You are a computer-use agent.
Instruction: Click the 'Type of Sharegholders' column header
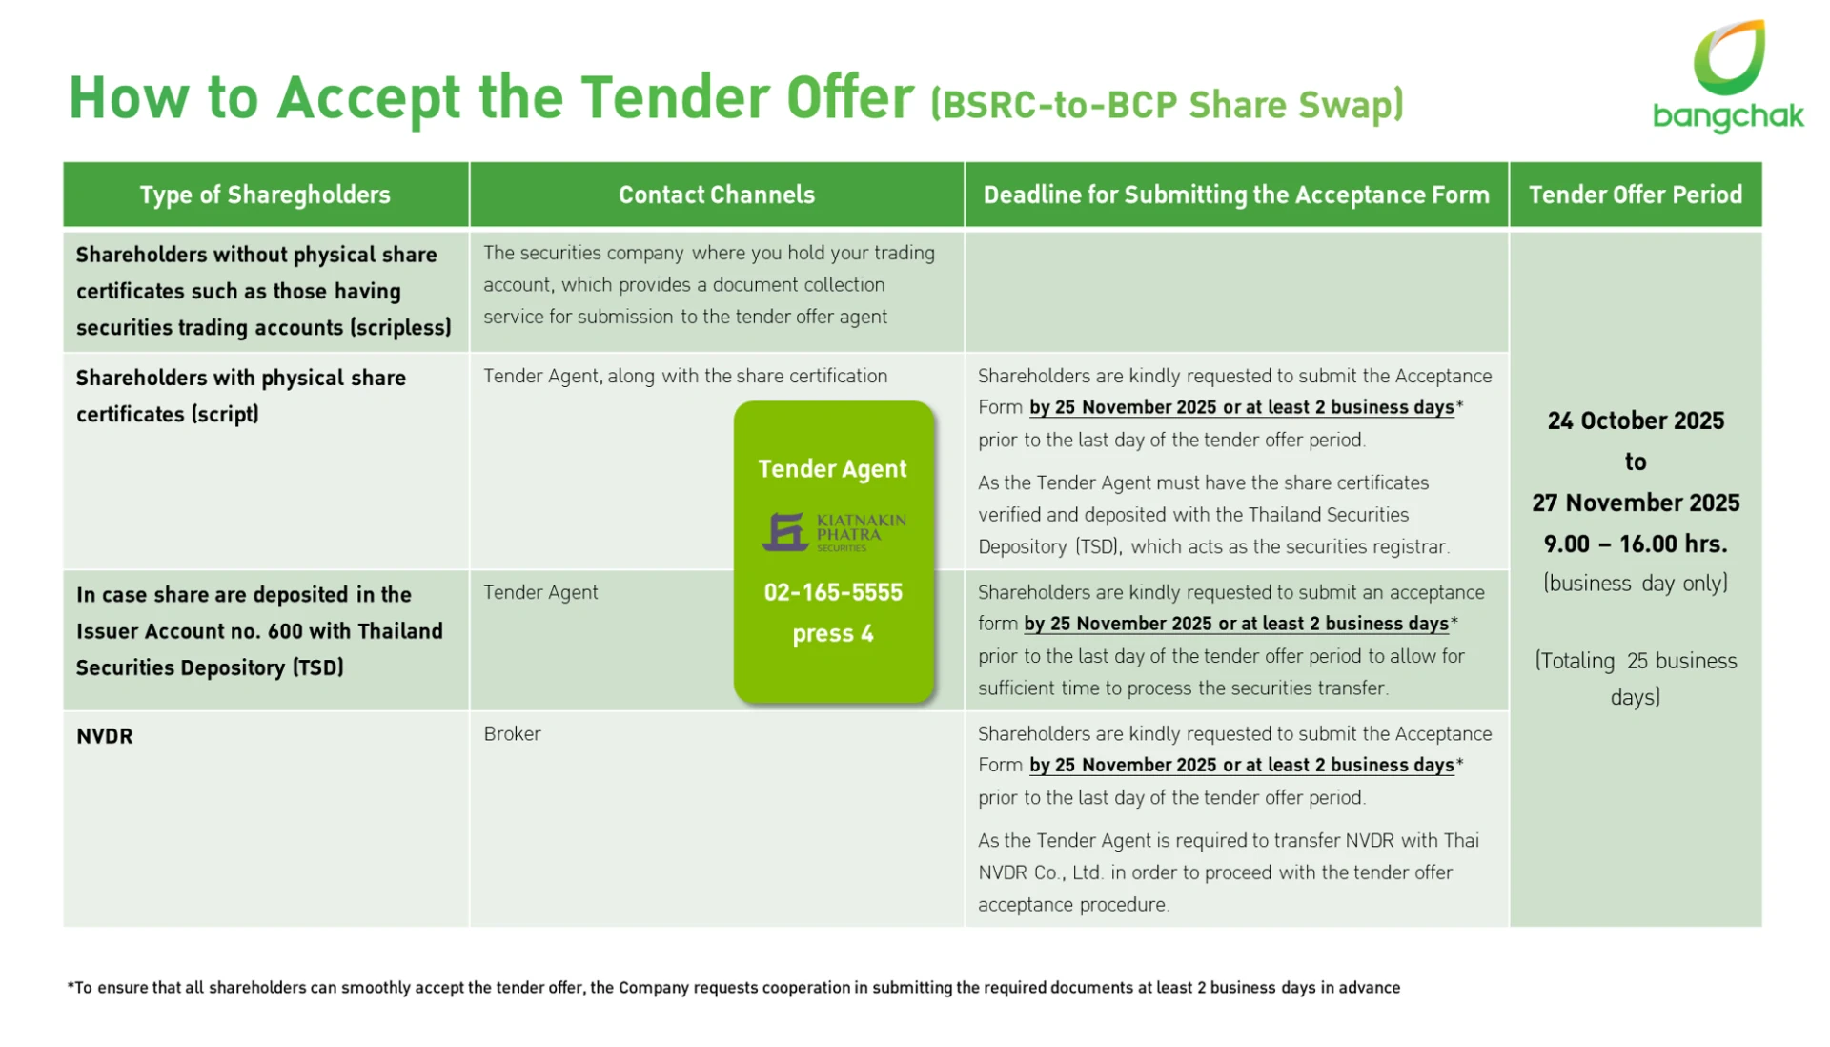pos(265,195)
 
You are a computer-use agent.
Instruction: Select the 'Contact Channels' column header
pos(717,195)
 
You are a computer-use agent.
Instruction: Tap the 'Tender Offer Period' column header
pos(1636,195)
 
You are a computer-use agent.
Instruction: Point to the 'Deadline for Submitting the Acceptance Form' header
pos(1236,195)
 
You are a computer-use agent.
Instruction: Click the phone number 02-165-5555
pos(833,592)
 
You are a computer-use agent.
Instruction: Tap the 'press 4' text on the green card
pos(833,634)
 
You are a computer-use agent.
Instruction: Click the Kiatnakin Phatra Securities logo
pos(834,532)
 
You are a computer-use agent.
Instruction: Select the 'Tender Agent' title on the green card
pos(833,469)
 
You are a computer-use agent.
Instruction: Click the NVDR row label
pos(105,736)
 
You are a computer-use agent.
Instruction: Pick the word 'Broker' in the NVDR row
pos(512,733)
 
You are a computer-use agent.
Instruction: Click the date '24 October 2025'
pos(1636,421)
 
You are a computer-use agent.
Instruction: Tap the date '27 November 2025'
pos(1636,503)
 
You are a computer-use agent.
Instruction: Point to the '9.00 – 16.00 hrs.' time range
pos(1636,544)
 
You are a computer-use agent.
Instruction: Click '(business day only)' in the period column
pos(1636,584)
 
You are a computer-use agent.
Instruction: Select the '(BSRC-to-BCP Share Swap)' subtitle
pos(1168,104)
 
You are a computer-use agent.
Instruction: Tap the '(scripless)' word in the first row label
pos(400,327)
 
